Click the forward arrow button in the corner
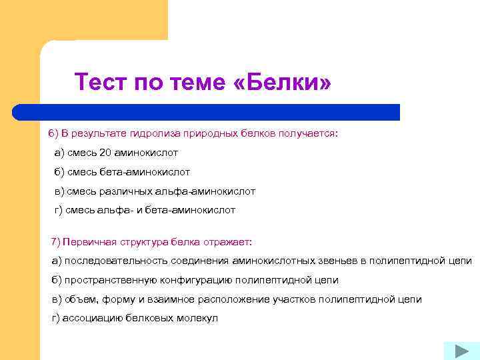point(457,351)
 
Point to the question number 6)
point(53,133)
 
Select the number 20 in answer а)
point(107,153)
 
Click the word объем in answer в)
point(78,299)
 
